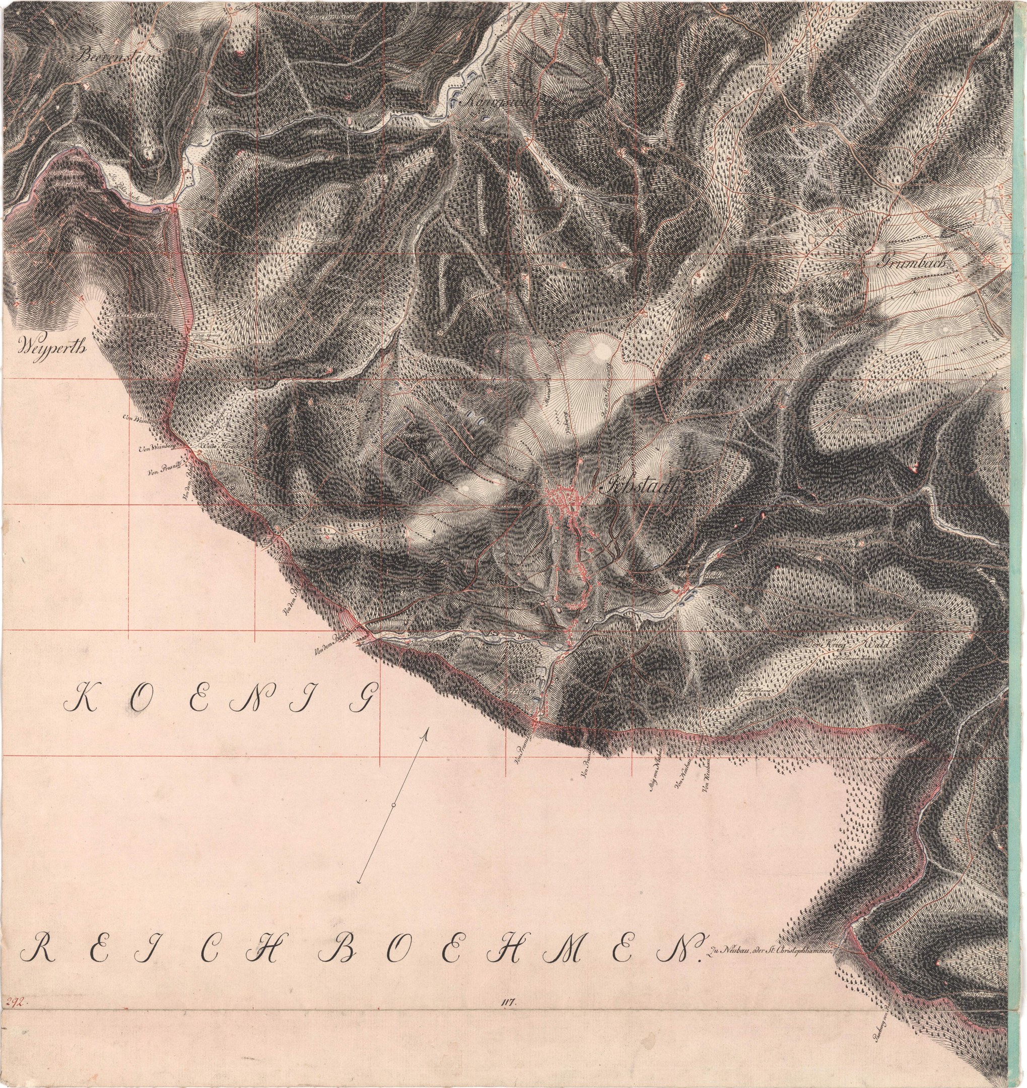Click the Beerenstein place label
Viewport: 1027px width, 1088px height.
point(118,56)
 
